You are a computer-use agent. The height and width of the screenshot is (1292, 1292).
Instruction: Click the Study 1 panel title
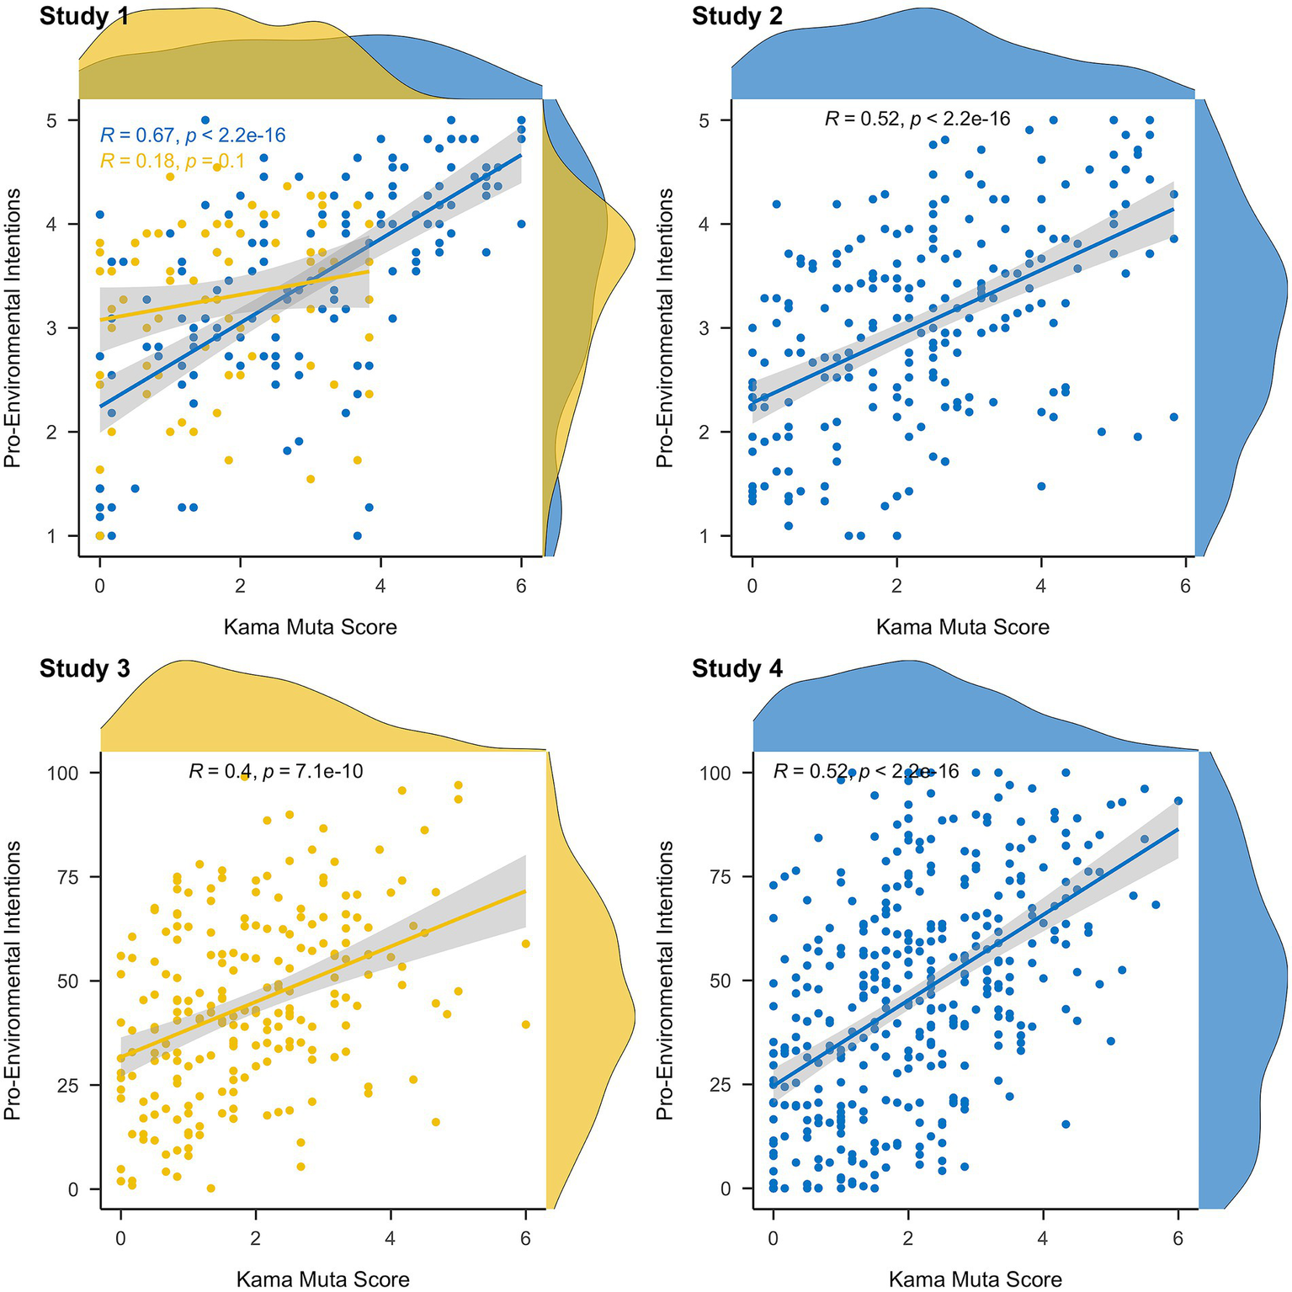[x=84, y=16]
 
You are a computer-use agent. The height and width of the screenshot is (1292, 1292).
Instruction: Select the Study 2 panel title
[x=736, y=16]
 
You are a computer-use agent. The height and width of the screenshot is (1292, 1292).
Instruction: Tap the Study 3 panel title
[x=84, y=668]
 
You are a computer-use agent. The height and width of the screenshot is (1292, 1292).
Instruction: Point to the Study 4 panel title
[x=736, y=668]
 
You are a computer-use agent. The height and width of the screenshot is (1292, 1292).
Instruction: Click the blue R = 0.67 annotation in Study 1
[x=193, y=135]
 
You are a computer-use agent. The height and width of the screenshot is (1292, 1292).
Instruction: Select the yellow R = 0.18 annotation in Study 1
[x=173, y=161]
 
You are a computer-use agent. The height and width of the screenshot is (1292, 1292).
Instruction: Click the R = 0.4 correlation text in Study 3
[x=275, y=771]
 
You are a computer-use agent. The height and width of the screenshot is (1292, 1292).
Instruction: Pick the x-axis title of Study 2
[x=962, y=627]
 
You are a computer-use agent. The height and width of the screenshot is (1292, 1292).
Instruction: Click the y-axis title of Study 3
[x=12, y=981]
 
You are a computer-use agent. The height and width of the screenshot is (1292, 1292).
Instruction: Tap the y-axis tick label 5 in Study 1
[x=51, y=120]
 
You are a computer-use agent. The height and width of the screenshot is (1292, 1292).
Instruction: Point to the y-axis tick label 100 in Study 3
[x=62, y=773]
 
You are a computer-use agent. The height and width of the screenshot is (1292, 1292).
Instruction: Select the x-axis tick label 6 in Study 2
[x=1185, y=586]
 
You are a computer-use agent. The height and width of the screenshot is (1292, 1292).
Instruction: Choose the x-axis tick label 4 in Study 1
[x=380, y=586]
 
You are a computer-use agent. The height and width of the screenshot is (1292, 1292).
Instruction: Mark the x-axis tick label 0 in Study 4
[x=773, y=1239]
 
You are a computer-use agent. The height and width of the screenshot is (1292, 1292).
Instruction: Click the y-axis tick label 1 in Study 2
[x=704, y=536]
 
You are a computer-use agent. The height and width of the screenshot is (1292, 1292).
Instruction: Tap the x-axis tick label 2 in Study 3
[x=255, y=1239]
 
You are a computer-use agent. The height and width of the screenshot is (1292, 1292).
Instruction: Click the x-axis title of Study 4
[x=975, y=1279]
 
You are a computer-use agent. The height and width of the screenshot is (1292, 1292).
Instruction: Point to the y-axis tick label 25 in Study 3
[x=67, y=1085]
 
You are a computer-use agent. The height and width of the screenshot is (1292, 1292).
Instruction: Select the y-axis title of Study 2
[x=665, y=328]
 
